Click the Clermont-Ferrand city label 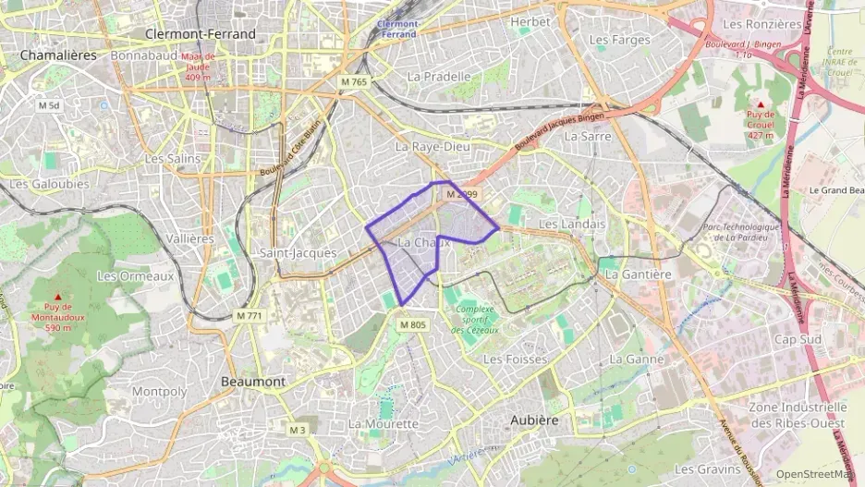[x=200, y=34]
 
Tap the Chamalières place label [x=58, y=55]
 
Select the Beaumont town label [x=253, y=381]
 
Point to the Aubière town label [x=535, y=420]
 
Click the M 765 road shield [x=353, y=82]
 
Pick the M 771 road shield [x=250, y=315]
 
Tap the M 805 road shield [x=413, y=324]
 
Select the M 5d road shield [x=49, y=105]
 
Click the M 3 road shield [x=297, y=430]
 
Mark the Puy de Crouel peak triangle [x=760, y=104]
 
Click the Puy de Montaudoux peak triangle [x=57, y=296]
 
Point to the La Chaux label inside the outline [x=422, y=242]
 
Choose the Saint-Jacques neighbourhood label [x=298, y=252]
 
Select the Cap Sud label [x=798, y=338]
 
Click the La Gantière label [x=638, y=274]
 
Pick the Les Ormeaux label [x=135, y=275]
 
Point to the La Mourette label [x=384, y=422]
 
